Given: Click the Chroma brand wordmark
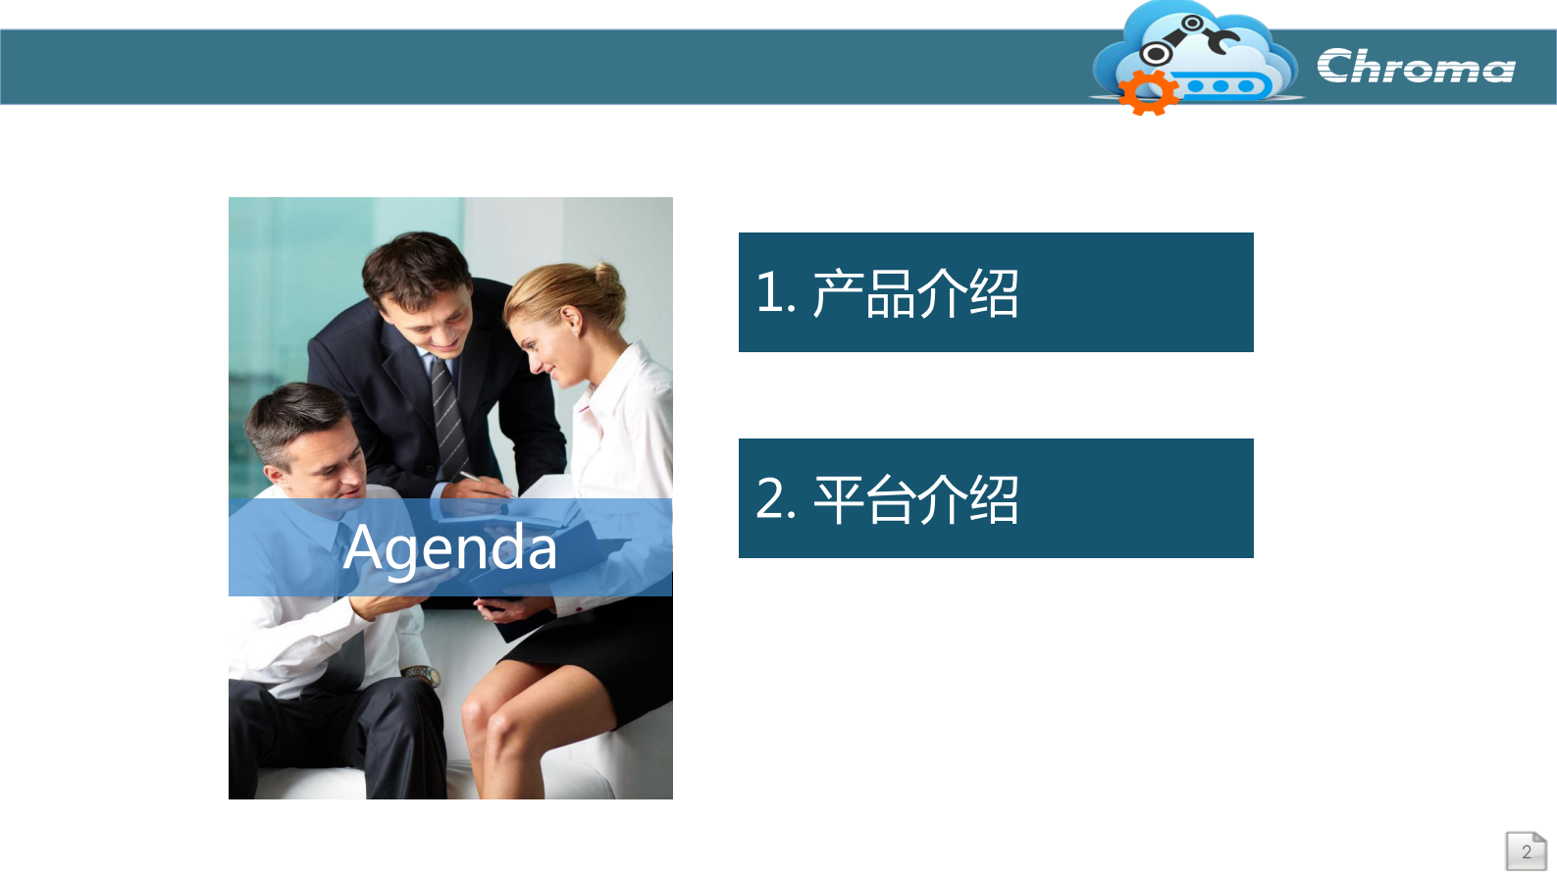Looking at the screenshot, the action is coord(1416,66).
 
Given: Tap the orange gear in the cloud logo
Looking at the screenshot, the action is coord(1148,92).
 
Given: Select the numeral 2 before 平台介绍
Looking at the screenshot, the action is coord(770,498).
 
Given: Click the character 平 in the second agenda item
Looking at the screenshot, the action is coord(838,499).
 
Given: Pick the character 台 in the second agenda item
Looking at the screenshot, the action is coord(890,499).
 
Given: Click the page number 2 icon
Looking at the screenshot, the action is coord(1527,851).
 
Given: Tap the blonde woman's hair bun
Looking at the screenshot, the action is coord(607,279).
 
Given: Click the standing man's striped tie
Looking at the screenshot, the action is coord(449,417).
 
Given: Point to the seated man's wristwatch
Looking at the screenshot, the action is coord(422,674).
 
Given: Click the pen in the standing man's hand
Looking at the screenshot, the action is coord(480,482).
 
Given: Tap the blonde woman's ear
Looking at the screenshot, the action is coord(571,322).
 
